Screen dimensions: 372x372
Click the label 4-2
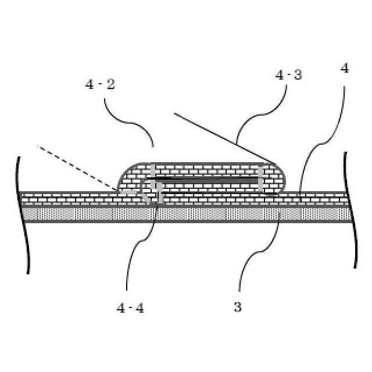pyautogui.click(x=100, y=84)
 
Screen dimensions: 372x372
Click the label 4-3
pyautogui.click(x=289, y=76)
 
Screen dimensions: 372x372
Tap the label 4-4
pyautogui.click(x=130, y=308)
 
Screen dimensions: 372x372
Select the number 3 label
pyautogui.click(x=238, y=307)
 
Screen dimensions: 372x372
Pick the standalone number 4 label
pyautogui.click(x=345, y=69)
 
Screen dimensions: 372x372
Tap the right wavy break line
pyautogui.click(x=350, y=209)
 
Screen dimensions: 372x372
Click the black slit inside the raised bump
pyautogui.click(x=203, y=181)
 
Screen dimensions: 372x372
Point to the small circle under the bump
pyautogui.click(x=152, y=192)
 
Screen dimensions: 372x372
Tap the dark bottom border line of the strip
pyautogui.click(x=186, y=221)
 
